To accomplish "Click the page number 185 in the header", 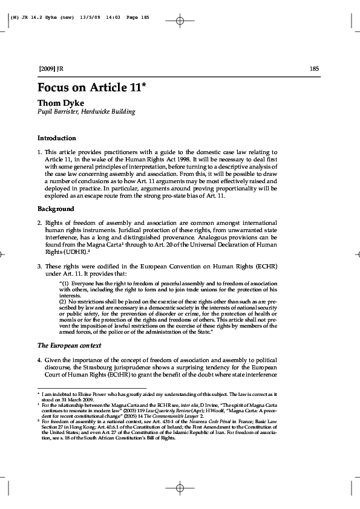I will click(x=314, y=68).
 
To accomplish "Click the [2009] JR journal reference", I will click(x=50, y=68).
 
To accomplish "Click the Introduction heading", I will click(x=56, y=138).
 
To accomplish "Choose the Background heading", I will click(x=56, y=209).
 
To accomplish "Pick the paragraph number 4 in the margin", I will click(x=39, y=360).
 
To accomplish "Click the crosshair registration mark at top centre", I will click(x=180, y=21).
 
